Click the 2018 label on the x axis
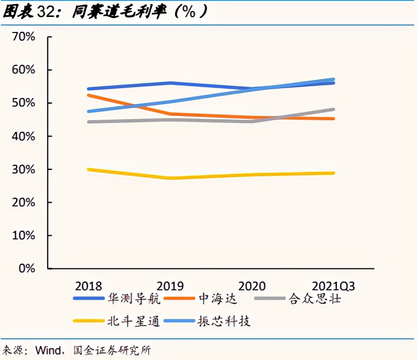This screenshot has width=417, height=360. point(88,286)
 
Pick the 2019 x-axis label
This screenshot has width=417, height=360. point(170,286)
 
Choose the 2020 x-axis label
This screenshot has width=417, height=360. point(252,286)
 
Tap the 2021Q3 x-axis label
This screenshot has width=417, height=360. point(334,286)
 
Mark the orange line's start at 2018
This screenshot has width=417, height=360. point(88,95)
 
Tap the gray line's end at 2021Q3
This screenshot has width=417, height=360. point(334,109)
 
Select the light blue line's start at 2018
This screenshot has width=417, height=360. point(88,111)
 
